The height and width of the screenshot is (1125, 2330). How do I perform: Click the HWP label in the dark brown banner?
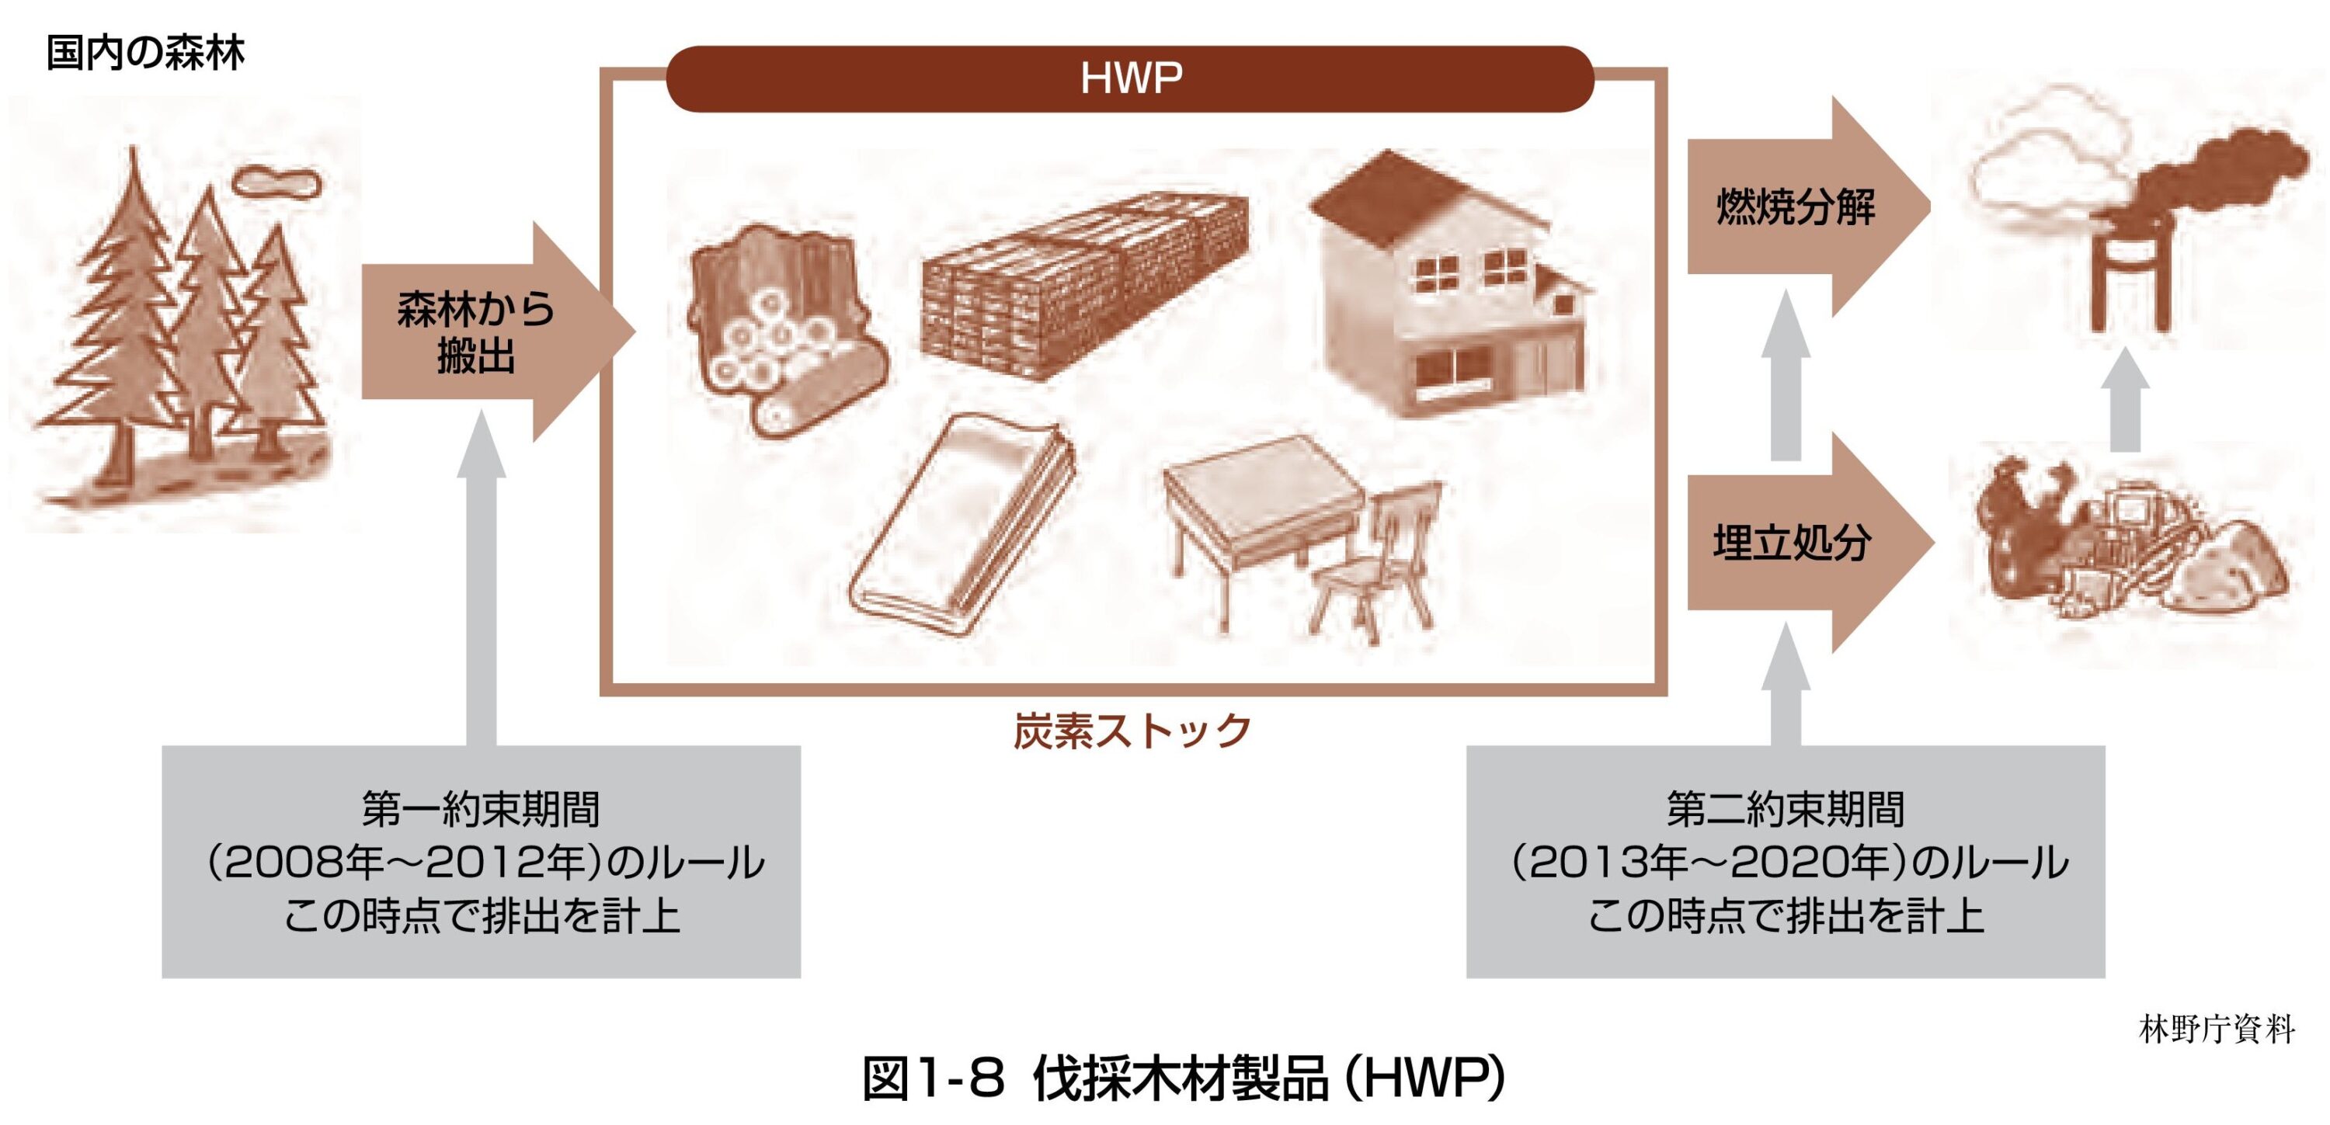(x=1131, y=78)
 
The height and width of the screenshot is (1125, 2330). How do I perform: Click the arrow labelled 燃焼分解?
(x=1800, y=207)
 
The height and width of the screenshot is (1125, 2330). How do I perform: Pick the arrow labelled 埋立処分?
(x=1800, y=543)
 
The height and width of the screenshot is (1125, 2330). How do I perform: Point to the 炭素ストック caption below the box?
(x=1132, y=731)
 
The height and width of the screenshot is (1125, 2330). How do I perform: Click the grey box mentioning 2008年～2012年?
(x=482, y=861)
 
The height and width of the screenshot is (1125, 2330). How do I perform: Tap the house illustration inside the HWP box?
(x=1447, y=290)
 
